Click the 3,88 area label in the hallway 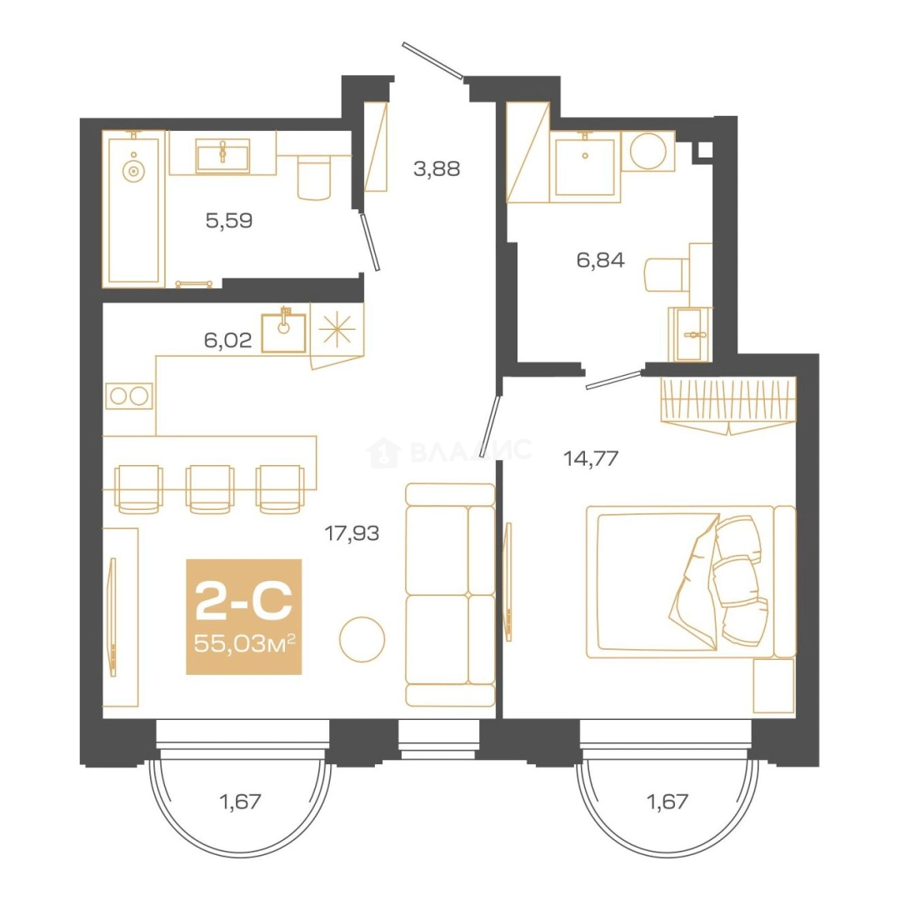[x=436, y=168]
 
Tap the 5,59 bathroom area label [x=229, y=220]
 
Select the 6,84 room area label [x=600, y=260]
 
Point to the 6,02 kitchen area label [x=227, y=340]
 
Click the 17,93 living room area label [x=352, y=533]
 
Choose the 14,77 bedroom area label [x=591, y=458]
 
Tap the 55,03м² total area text [x=244, y=643]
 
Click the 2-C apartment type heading [x=244, y=600]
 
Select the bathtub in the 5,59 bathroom [x=133, y=209]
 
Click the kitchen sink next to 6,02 [x=283, y=332]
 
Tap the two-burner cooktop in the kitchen [x=129, y=396]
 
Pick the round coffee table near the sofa [x=362, y=639]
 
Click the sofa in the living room [x=450, y=595]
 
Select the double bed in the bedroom [x=691, y=582]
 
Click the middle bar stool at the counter [x=209, y=489]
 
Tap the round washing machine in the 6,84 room [x=648, y=151]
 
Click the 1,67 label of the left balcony [x=241, y=802]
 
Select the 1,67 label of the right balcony [x=667, y=802]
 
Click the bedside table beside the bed [x=773, y=686]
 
